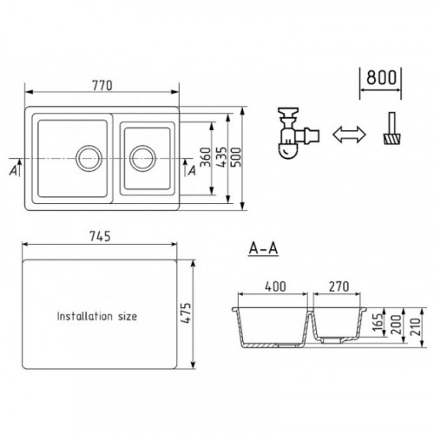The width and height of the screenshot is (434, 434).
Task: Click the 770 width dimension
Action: click(102, 85)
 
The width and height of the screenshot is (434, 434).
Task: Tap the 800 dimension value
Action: click(381, 77)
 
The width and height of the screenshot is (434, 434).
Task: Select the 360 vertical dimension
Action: click(206, 157)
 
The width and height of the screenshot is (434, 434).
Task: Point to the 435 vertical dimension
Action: click(222, 157)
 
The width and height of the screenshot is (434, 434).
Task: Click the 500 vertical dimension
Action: click(235, 157)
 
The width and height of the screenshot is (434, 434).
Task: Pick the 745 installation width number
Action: click(100, 236)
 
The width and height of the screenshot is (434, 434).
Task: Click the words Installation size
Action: click(97, 316)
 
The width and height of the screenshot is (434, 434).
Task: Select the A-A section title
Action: click(263, 248)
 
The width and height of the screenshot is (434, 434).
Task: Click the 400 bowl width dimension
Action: click(275, 286)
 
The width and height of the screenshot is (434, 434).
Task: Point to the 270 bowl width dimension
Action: click(339, 286)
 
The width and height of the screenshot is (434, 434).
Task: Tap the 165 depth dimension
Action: click(379, 323)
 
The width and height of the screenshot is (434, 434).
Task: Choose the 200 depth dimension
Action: click(397, 325)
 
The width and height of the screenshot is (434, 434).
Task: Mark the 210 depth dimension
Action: click(416, 326)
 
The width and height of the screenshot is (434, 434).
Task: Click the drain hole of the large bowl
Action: click(89, 158)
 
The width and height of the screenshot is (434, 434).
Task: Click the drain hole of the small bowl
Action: click(142, 158)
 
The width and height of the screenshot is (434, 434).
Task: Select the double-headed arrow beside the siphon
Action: click(349, 135)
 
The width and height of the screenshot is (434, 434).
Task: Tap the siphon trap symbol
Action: click(298, 133)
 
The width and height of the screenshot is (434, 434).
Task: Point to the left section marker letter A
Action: click(13, 171)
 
